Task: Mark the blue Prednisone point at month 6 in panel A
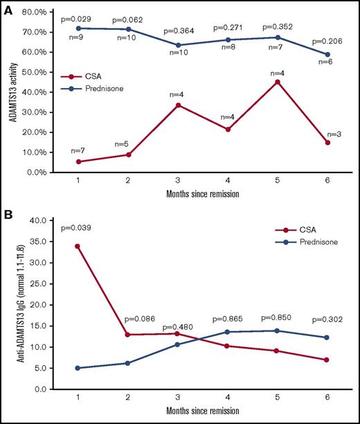pyautogui.click(x=327, y=54)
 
